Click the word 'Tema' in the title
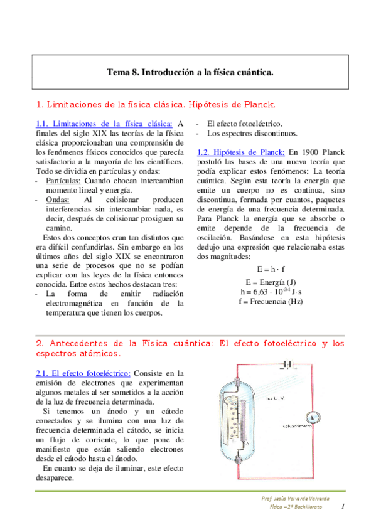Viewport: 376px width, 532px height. (117, 72)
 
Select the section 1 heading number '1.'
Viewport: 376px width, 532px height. (40, 103)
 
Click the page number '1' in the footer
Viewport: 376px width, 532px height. (343, 506)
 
